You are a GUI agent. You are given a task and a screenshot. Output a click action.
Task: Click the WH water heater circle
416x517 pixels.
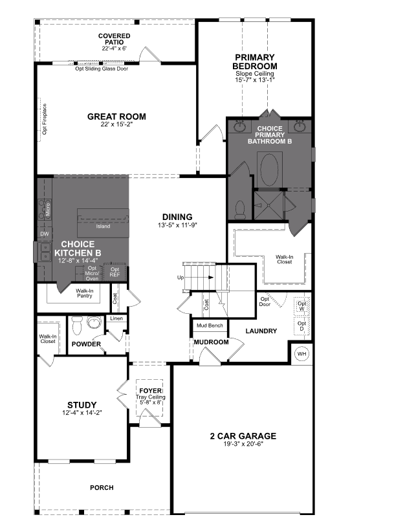(301, 354)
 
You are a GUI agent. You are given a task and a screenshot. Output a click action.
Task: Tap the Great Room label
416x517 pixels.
(116, 117)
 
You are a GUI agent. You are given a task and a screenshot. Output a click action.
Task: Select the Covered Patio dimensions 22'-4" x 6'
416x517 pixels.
(114, 49)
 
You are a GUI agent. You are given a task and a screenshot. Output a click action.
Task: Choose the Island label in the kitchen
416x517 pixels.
(102, 226)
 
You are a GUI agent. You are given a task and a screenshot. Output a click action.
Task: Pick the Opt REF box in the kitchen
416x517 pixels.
(115, 272)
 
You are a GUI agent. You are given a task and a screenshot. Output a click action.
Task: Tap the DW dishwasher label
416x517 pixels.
(45, 234)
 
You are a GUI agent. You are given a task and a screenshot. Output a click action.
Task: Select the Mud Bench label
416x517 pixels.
(209, 325)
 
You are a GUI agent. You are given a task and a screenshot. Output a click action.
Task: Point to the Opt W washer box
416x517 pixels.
(301, 305)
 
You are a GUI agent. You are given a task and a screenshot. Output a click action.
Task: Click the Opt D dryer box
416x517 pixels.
(301, 326)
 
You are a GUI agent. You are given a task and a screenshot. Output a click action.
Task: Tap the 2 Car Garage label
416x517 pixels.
(243, 436)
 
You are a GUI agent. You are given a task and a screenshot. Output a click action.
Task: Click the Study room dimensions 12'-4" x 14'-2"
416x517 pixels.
(82, 413)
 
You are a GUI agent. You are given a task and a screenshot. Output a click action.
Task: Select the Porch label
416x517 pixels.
(102, 487)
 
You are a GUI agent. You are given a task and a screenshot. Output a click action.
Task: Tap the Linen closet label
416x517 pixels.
(116, 318)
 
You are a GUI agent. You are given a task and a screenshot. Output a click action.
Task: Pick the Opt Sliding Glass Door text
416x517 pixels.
(102, 69)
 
